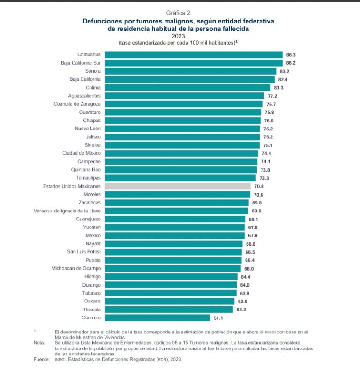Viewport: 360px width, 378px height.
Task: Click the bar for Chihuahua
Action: tap(194, 54)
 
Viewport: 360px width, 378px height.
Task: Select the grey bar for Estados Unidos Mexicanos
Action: tap(178, 186)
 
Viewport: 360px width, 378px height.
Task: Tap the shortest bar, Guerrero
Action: tap(157, 318)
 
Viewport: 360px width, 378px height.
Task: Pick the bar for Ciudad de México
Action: tap(181, 153)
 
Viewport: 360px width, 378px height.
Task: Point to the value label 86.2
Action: tap(291, 63)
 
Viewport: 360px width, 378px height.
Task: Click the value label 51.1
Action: tap(218, 318)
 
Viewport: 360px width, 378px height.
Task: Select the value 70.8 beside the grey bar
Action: tap(259, 186)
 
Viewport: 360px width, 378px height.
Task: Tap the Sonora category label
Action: tap(92, 71)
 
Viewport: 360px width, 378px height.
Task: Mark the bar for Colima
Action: tap(187, 87)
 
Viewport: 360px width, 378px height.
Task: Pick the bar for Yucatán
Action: tap(175, 227)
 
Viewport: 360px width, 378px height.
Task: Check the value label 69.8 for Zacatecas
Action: tap(256, 203)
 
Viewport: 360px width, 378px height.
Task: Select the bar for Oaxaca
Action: tap(170, 301)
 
